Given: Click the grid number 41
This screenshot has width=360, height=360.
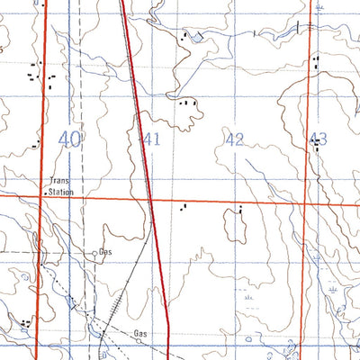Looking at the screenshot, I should pos(151,139).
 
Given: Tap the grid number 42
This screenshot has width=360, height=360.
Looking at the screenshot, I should pos(235,139).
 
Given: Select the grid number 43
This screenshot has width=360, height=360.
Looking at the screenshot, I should pos(318,139).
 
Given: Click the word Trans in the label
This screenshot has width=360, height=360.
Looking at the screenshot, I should pos(59,181).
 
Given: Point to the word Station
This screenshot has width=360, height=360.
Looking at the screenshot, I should pos(61,192).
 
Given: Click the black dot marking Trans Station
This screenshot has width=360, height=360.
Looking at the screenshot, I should pos(46,192).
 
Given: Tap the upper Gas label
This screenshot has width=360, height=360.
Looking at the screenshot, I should pos(108,253).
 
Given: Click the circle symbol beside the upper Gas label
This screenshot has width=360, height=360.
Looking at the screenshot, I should pos(95,254).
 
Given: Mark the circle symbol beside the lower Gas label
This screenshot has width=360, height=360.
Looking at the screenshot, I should pos(139,342).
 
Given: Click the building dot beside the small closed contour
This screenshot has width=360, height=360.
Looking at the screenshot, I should pos(241,210).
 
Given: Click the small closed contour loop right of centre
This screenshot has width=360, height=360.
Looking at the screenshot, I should pos(237,228).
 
